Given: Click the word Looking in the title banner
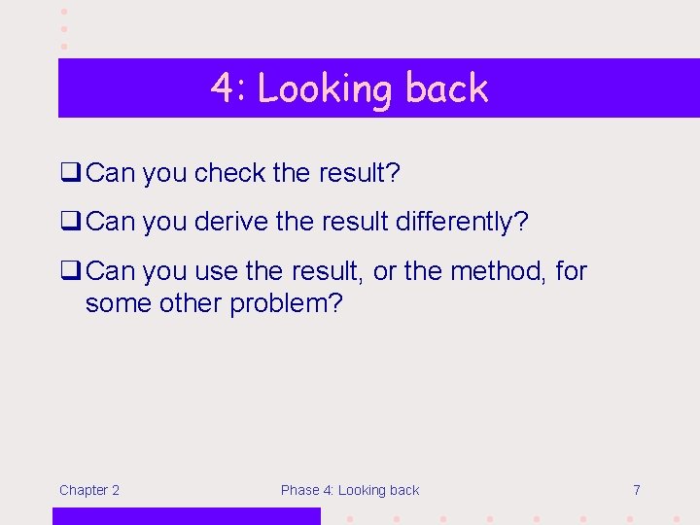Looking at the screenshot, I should point(325,89).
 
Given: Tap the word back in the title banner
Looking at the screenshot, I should point(446,88).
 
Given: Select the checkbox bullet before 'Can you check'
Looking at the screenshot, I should point(70,173).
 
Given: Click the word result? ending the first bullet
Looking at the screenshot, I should point(359,173).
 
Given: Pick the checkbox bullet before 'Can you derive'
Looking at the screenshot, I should point(70,222).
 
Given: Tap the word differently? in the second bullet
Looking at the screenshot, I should point(462,222).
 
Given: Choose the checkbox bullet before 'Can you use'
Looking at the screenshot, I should point(70,270).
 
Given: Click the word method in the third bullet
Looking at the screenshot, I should point(496,270).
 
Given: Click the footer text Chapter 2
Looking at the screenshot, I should point(89,490).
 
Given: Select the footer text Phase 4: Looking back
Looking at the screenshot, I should point(350,490).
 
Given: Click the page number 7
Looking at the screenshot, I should point(637,490).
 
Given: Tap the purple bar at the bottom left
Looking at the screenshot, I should point(186,516).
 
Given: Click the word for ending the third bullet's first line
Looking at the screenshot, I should point(572,270).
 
